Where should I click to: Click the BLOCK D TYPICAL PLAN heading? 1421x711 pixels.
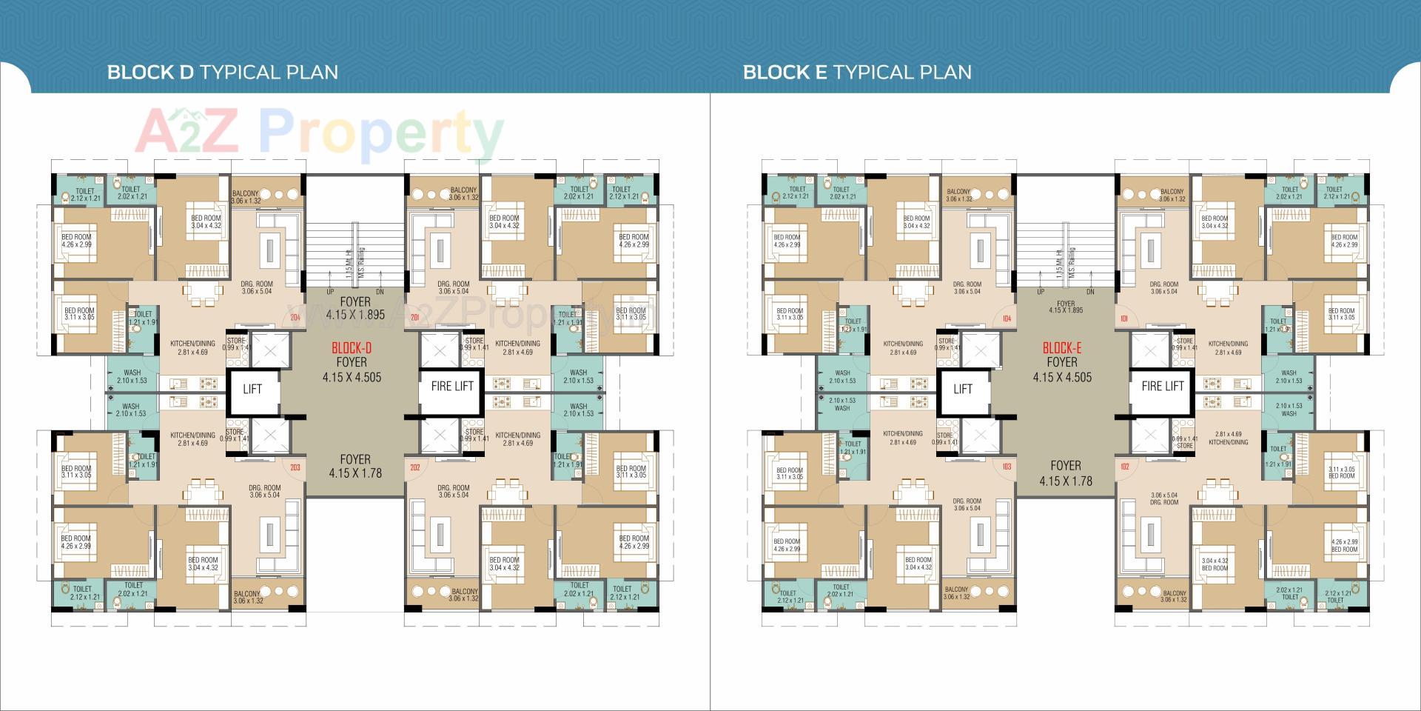(x=222, y=72)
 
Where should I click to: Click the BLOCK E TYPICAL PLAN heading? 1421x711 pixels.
(x=857, y=72)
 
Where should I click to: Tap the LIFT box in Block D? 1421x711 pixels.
(x=252, y=389)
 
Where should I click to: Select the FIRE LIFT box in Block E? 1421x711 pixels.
(x=1163, y=386)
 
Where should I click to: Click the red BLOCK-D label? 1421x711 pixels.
(x=352, y=348)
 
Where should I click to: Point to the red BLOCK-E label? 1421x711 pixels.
(x=1062, y=348)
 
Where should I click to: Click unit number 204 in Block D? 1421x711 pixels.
(x=295, y=318)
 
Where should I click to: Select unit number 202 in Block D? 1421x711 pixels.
(x=415, y=467)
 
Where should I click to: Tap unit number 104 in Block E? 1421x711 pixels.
(x=1006, y=319)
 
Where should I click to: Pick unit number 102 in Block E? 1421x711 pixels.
(x=1125, y=467)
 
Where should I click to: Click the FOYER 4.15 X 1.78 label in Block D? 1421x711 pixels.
(x=355, y=466)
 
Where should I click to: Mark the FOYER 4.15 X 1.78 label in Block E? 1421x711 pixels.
(x=1066, y=473)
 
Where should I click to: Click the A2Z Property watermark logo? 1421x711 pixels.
(x=318, y=133)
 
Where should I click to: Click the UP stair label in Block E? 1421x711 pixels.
(x=1041, y=292)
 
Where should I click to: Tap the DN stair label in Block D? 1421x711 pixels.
(x=380, y=293)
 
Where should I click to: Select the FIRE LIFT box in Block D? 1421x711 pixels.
(x=452, y=386)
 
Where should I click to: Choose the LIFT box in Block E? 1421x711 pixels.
(x=963, y=389)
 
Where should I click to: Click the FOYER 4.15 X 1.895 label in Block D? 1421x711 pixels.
(x=355, y=308)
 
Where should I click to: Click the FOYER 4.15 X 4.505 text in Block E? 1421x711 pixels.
(x=1062, y=370)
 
